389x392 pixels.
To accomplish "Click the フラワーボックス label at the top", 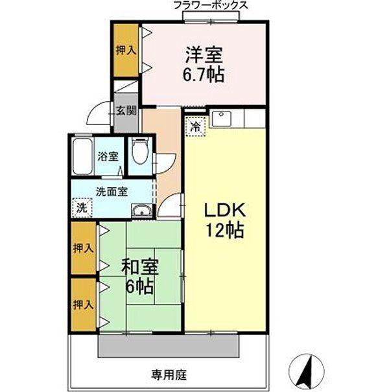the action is pos(211,5).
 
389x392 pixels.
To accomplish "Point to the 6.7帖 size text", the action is pos(203,75).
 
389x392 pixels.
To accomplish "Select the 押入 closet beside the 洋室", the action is pos(126,50).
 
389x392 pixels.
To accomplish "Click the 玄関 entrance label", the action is pos(127,110).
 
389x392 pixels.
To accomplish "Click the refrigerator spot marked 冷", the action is pos(195,126).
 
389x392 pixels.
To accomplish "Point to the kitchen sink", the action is pos(221,119).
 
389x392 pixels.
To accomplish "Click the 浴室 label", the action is pos(108,156).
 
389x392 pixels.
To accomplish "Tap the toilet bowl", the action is pos(139,152).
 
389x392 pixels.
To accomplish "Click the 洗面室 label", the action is pos(112,192).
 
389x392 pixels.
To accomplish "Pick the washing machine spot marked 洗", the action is pos(82,207).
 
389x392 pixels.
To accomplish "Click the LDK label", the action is pos(224,210).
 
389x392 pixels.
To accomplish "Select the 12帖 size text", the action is pos(224,230).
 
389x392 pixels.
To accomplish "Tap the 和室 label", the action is pos(140,267).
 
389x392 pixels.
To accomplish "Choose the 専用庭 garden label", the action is pos(169,375).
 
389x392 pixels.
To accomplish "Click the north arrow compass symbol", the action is pos(306,371).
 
